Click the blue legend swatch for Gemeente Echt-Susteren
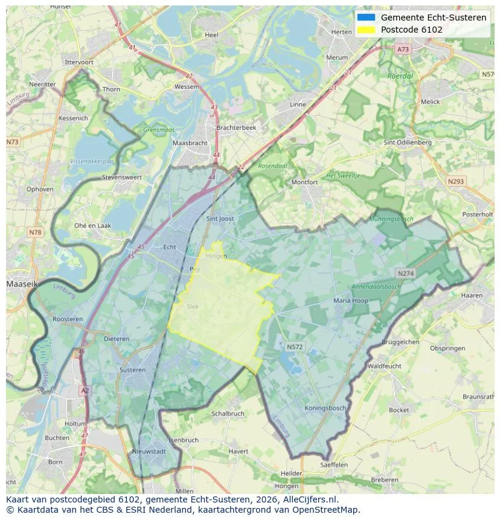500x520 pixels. click(x=366, y=18)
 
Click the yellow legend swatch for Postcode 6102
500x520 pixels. click(x=366, y=30)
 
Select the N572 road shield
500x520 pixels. click(x=295, y=347)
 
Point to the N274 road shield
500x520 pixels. click(x=405, y=274)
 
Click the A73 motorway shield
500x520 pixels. click(x=403, y=49)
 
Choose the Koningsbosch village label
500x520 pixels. click(x=325, y=408)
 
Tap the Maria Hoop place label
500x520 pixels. click(x=350, y=300)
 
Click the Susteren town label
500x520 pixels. click(x=132, y=370)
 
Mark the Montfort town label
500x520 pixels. click(x=304, y=182)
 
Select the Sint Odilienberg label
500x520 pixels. click(x=408, y=143)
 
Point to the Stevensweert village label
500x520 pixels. click(x=122, y=178)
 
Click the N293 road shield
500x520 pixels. click(x=456, y=181)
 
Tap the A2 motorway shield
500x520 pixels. click(x=85, y=391)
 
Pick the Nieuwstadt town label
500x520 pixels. click(x=149, y=451)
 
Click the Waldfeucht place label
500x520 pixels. click(x=384, y=366)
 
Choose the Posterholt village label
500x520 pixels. click(x=477, y=214)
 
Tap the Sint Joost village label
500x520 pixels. click(x=220, y=219)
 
